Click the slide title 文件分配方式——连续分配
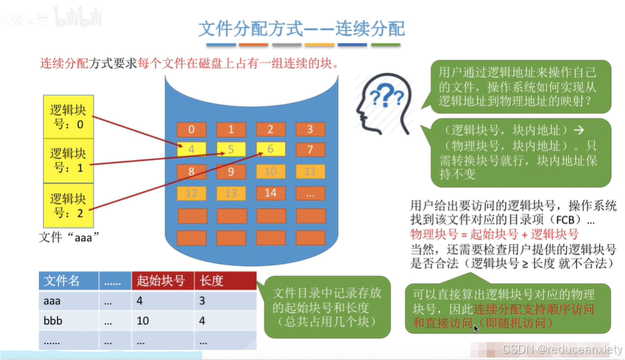tap(301, 29)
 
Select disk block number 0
tap(192, 130)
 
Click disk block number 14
tap(270, 193)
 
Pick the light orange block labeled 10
tap(270, 171)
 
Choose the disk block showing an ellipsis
tap(310, 193)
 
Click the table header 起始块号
tap(161, 281)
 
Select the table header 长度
tap(209, 281)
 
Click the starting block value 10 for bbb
tap(143, 319)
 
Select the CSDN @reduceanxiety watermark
tap(559, 349)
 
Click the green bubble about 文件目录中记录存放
tap(324, 308)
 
